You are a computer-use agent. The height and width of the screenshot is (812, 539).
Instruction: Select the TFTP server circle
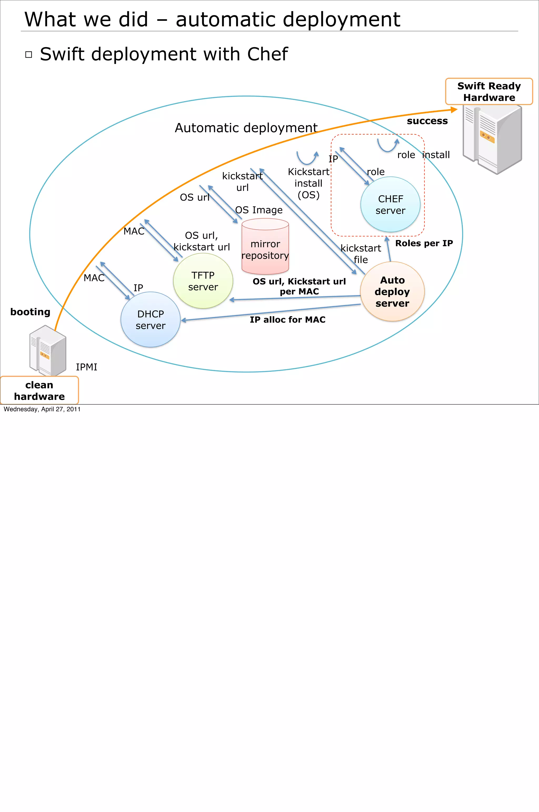tap(203, 281)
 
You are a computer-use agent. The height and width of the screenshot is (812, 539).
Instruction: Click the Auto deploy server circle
tap(392, 292)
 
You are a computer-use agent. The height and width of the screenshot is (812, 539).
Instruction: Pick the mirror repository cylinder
tap(265, 247)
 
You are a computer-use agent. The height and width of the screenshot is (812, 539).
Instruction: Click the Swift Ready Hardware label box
tap(488, 91)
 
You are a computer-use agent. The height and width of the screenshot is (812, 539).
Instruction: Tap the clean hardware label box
tap(39, 390)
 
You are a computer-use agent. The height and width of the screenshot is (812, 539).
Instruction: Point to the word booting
tap(30, 312)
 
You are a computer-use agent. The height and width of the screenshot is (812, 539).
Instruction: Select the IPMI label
tap(86, 367)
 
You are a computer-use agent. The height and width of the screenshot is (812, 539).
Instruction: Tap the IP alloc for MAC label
tap(287, 320)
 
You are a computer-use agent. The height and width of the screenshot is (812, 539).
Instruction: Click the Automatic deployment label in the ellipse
tap(246, 128)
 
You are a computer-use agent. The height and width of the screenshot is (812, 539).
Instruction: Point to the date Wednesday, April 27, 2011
tap(42, 409)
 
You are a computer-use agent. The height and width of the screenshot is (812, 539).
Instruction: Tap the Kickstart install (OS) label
tap(308, 183)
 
